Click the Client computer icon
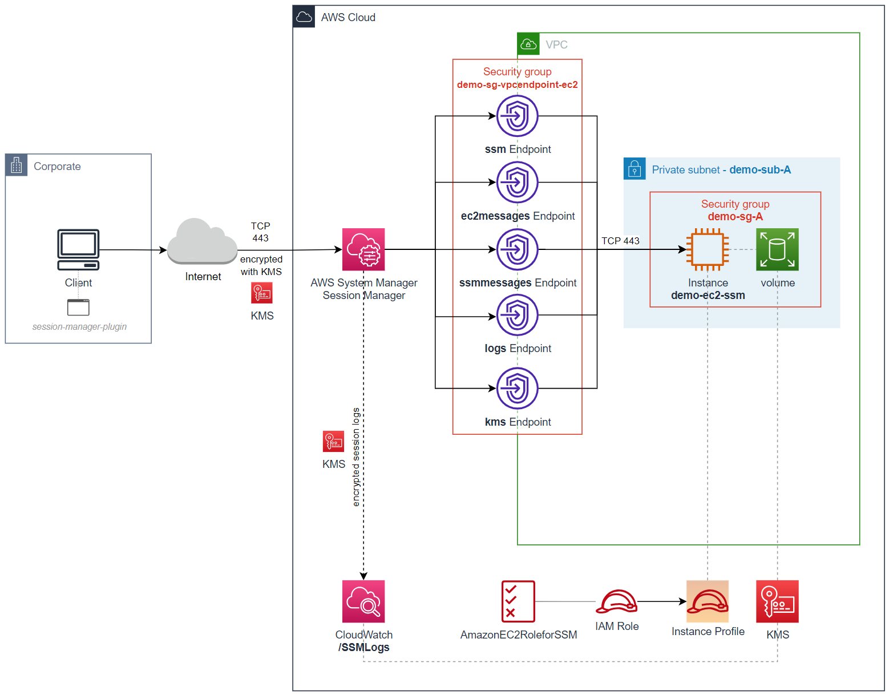coord(78,249)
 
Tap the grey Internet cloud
coord(202,242)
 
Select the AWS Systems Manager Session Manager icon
coord(363,249)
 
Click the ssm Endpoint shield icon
coord(517,116)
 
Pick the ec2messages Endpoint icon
coord(517,183)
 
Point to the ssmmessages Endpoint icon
coord(517,249)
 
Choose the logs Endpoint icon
coord(517,315)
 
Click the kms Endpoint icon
coord(517,388)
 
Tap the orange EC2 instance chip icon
coord(708,249)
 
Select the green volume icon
coord(777,249)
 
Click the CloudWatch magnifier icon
coord(363,601)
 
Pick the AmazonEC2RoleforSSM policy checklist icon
coord(518,601)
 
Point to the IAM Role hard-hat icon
coord(616,601)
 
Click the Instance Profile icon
coord(708,601)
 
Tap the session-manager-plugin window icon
coord(78,307)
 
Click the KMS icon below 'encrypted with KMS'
coord(262,293)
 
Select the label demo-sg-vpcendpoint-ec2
coord(517,84)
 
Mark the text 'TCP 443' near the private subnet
coord(620,241)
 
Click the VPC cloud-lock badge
coord(528,44)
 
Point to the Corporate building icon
coord(17,165)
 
